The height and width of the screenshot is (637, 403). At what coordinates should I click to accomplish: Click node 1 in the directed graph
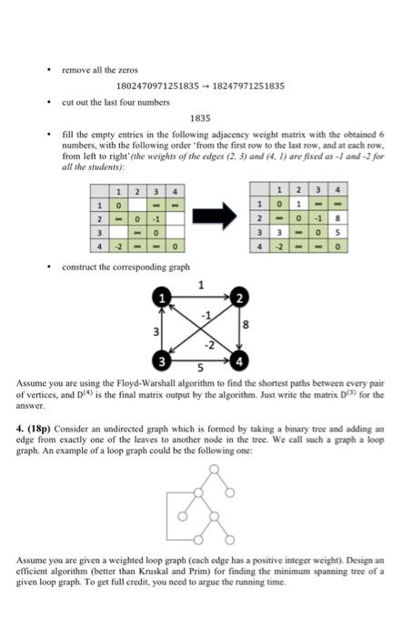coord(166,299)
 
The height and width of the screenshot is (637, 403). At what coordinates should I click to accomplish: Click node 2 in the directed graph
coord(240,299)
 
